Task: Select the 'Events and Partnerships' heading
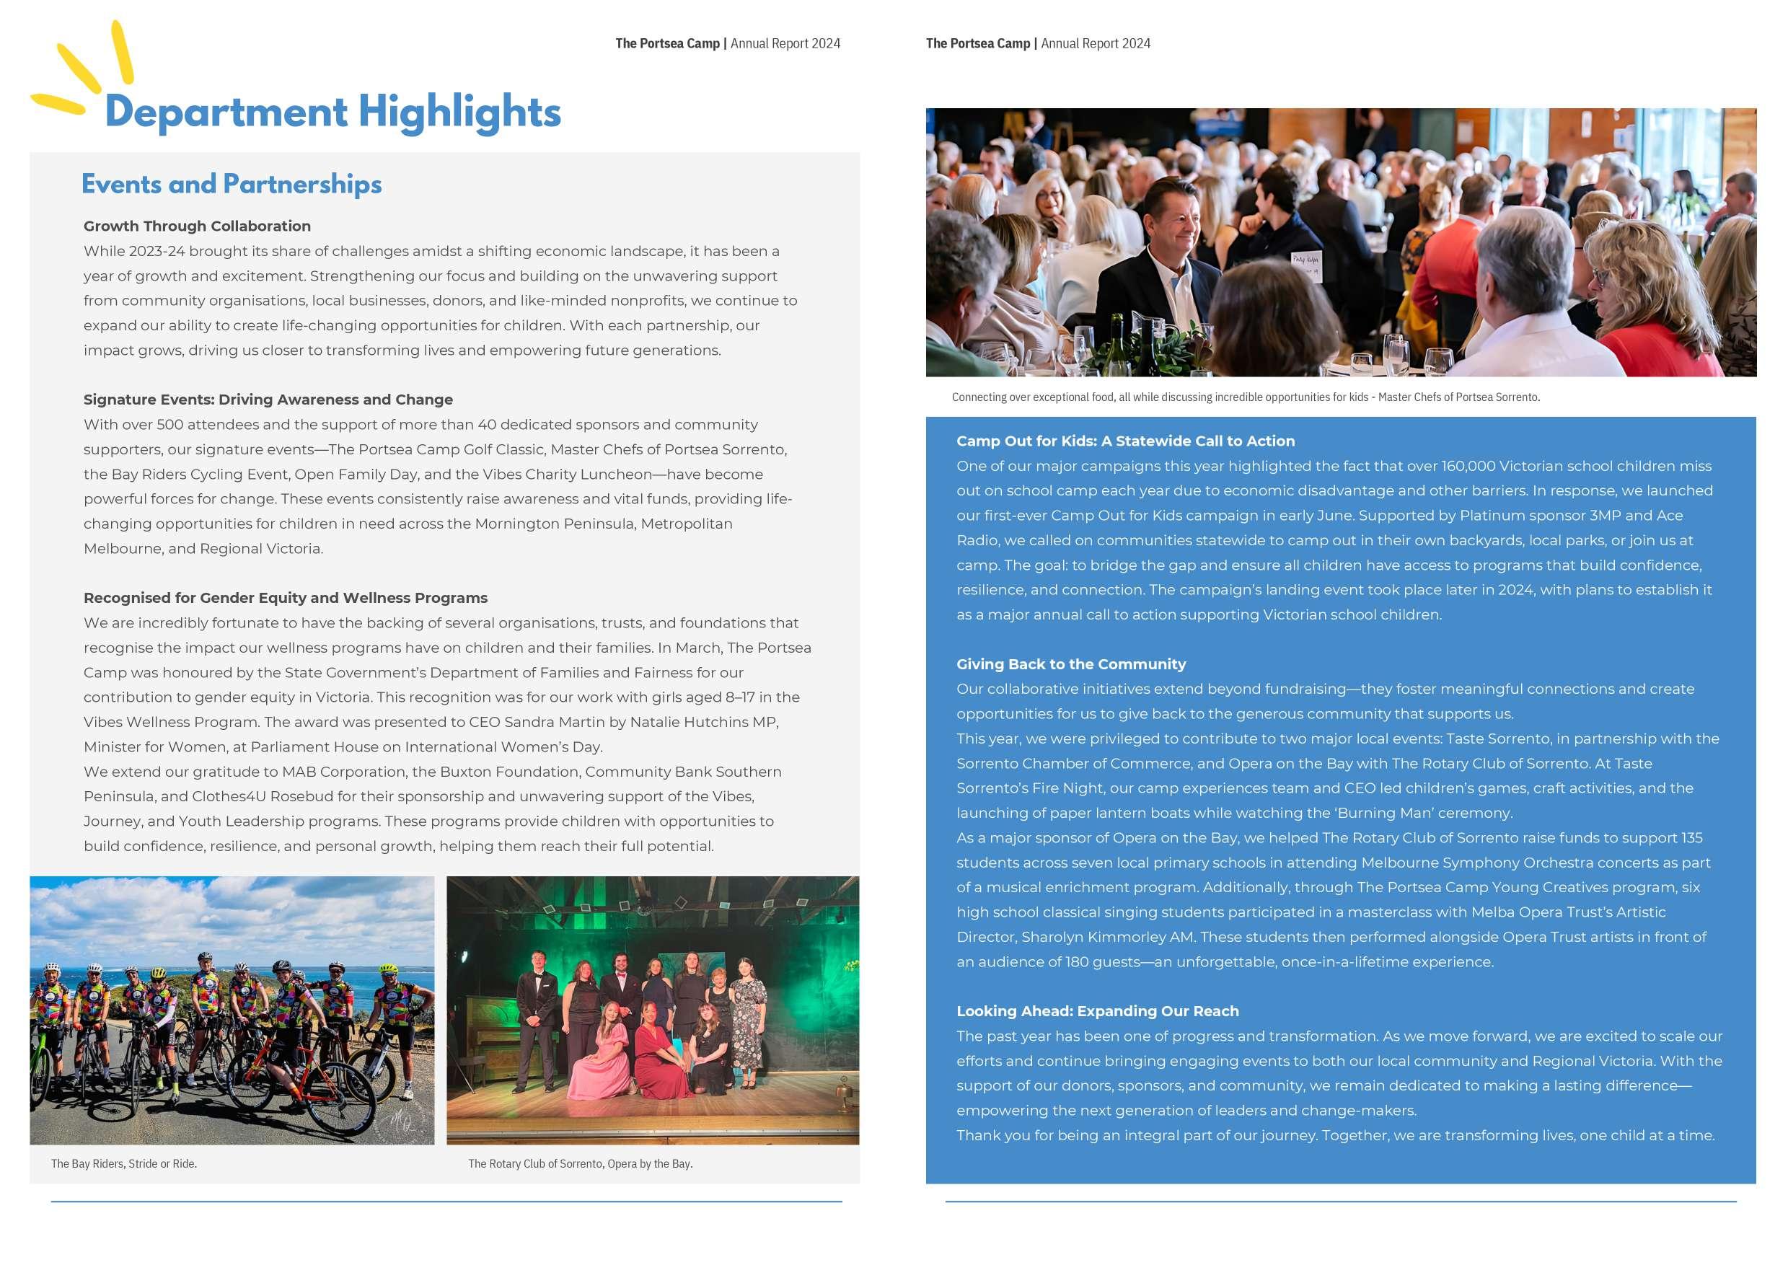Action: (232, 184)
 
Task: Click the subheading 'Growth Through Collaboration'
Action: (197, 226)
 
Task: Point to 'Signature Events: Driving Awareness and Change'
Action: (268, 400)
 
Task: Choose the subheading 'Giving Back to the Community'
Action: (1070, 664)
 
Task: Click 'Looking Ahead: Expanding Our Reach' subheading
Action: (1097, 1011)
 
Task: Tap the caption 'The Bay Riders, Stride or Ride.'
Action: (124, 1164)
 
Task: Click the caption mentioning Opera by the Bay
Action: (580, 1164)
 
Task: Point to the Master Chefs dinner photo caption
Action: (1245, 397)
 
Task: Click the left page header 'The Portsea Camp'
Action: (667, 43)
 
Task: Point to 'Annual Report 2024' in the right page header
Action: (1096, 43)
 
